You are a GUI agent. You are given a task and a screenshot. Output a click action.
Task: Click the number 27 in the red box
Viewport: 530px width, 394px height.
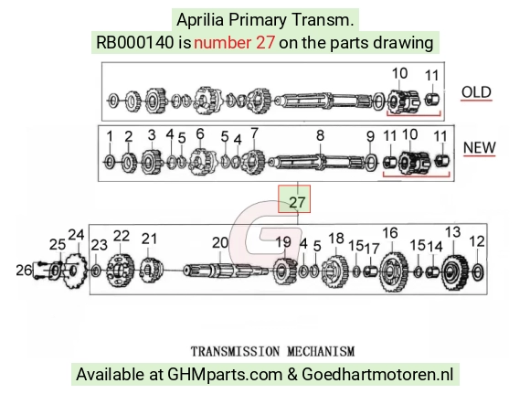tap(297, 202)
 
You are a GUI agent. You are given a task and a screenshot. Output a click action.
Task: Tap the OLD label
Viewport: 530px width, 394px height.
tap(476, 92)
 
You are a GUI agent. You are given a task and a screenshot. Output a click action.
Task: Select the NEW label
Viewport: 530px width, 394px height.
tap(479, 147)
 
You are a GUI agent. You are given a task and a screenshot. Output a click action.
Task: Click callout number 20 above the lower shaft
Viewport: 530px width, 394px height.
tap(220, 242)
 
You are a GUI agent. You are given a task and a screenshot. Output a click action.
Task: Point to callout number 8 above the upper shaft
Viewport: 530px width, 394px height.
tap(320, 135)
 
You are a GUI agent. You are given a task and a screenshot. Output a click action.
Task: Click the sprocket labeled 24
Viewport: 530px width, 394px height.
tap(75, 270)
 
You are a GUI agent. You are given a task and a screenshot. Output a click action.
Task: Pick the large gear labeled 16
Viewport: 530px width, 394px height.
tap(394, 272)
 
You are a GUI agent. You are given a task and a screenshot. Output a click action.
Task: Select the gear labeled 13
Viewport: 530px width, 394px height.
tap(455, 272)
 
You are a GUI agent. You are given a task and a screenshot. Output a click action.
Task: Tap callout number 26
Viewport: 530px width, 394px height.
tap(24, 270)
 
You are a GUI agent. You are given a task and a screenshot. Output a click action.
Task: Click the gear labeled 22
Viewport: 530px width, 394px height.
tap(121, 271)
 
